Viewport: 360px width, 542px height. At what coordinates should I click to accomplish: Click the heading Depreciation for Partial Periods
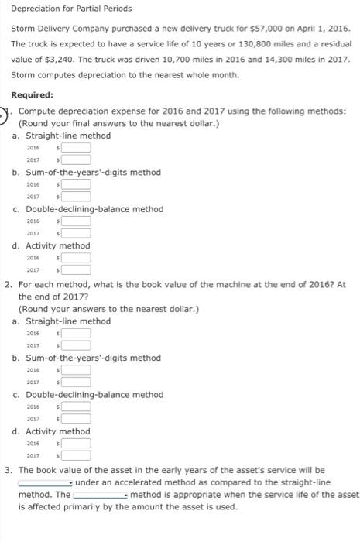coord(71,9)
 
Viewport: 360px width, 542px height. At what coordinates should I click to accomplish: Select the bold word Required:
coord(32,95)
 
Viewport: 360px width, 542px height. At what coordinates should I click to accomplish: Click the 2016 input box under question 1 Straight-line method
coord(77,147)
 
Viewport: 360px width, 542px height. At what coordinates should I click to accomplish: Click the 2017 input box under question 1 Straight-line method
coord(77,160)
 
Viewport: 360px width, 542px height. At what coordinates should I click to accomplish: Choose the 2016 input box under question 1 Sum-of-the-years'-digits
coord(77,184)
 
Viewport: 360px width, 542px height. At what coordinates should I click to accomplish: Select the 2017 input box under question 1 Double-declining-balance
coord(77,233)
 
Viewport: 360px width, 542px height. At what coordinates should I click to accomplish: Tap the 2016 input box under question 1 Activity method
coord(77,257)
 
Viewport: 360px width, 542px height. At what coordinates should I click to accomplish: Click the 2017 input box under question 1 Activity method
coord(77,269)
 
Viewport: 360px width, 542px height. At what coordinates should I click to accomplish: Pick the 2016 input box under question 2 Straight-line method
coord(77,333)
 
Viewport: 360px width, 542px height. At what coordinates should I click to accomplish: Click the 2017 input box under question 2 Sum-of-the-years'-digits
coord(77,382)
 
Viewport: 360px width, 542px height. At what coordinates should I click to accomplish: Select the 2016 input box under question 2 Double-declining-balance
coord(77,406)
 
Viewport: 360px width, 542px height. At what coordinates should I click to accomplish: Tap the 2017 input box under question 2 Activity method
coord(77,455)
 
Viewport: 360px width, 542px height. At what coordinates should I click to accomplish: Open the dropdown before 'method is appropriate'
coord(101,494)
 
